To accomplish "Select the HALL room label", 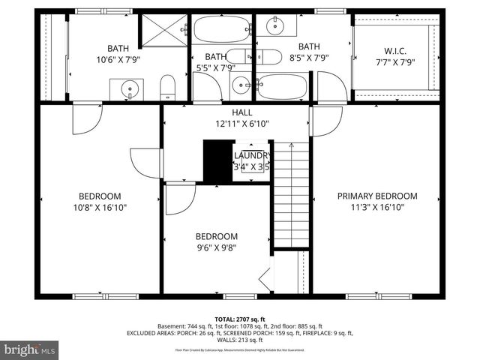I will pos(241,112).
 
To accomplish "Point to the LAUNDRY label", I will pos(251,155).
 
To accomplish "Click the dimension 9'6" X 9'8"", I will pos(217,248).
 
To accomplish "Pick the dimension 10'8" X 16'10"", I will pos(100,208).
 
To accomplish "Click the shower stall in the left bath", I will pos(164,31).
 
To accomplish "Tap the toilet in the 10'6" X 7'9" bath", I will pos(168,88).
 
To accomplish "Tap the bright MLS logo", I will pos(30,349).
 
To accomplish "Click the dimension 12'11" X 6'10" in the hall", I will pos(241,124).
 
